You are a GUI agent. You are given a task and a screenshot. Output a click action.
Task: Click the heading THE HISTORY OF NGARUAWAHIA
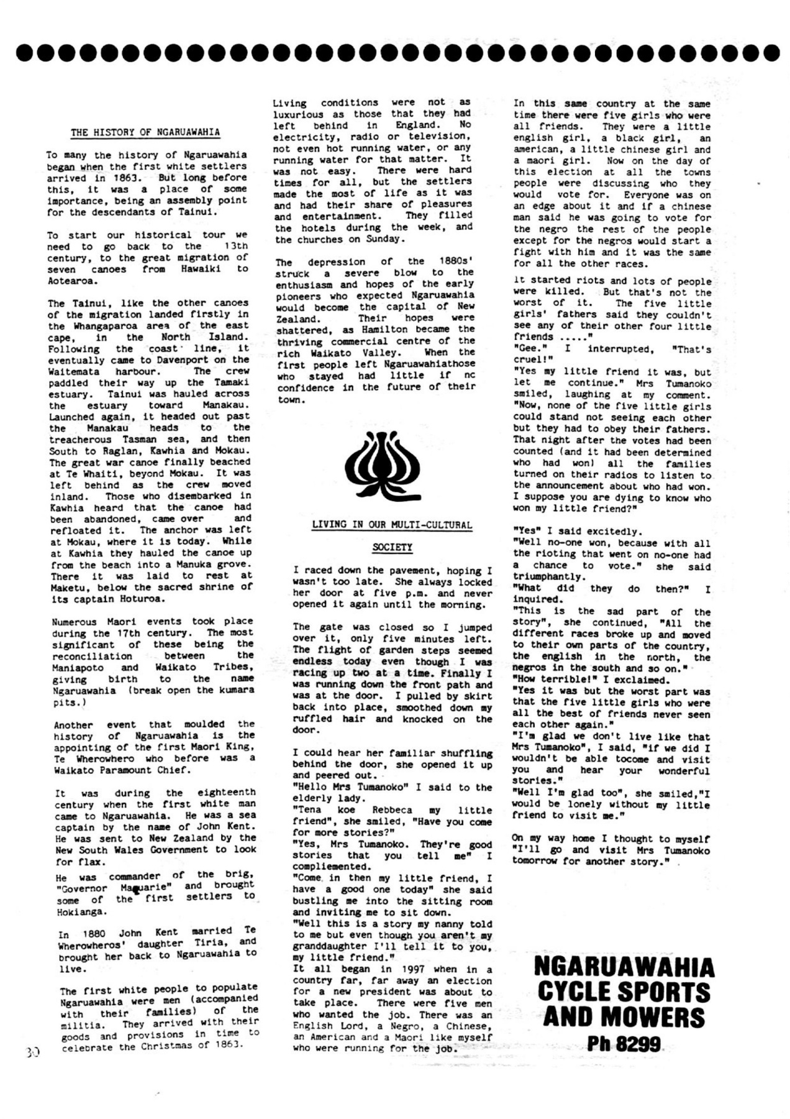pos(145,132)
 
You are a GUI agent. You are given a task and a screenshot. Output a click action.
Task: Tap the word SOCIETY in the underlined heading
pos(392,548)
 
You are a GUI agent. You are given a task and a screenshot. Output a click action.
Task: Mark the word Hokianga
pos(81,912)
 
